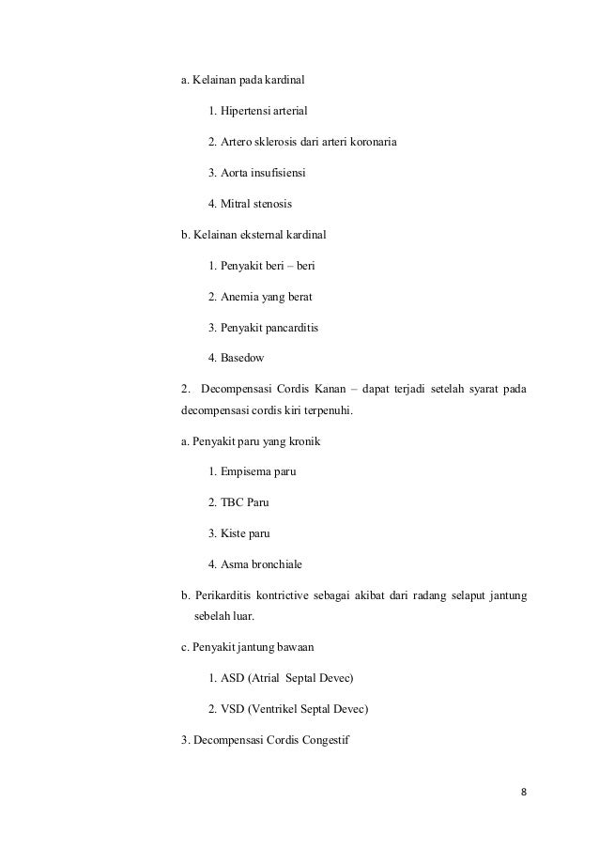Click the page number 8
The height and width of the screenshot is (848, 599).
click(x=523, y=791)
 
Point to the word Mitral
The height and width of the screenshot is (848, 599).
click(x=239, y=203)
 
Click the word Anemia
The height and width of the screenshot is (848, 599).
click(x=240, y=297)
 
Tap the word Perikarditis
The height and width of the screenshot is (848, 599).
click(x=226, y=594)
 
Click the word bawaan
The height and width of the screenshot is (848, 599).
click(x=294, y=646)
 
